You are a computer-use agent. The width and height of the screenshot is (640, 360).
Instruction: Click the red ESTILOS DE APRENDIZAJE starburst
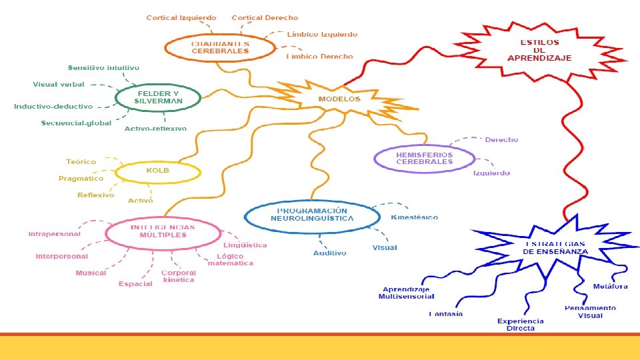click(539, 51)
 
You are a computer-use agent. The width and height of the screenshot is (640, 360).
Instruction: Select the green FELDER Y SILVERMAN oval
click(158, 97)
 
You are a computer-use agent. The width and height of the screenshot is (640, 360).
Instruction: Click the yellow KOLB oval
click(158, 171)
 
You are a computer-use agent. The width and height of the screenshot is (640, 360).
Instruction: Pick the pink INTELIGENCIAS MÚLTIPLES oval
click(162, 231)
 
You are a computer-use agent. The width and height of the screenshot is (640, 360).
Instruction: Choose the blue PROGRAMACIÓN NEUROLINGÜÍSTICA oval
click(312, 215)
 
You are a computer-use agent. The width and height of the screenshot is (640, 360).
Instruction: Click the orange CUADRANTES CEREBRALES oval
click(220, 47)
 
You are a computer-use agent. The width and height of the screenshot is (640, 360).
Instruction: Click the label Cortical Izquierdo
click(181, 18)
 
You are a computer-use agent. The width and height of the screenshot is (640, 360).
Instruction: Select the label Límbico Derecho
click(319, 57)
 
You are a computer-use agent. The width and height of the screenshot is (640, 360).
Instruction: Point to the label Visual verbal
click(59, 85)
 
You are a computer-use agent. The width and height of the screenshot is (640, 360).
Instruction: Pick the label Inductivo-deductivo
click(53, 107)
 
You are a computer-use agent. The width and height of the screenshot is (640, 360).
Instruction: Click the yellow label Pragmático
click(81, 179)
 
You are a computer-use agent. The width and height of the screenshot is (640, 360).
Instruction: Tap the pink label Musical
click(91, 273)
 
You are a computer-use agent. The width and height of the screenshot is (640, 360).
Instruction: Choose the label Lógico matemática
click(231, 260)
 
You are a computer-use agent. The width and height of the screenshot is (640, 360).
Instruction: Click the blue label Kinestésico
click(414, 217)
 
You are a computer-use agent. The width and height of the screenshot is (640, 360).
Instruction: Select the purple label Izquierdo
click(491, 173)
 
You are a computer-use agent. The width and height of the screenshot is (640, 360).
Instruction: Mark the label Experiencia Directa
click(520, 325)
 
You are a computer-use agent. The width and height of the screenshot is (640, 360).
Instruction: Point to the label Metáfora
click(610, 287)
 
